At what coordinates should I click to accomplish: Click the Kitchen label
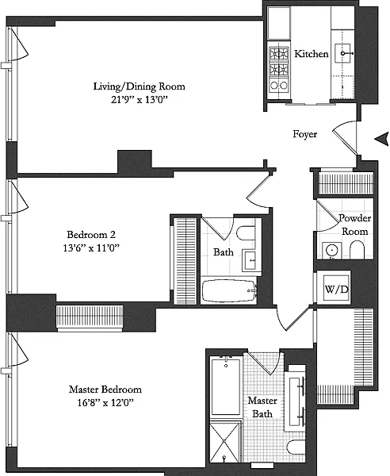pos(312,54)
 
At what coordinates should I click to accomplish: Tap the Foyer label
pos(304,134)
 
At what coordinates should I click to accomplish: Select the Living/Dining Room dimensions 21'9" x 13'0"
pos(140,100)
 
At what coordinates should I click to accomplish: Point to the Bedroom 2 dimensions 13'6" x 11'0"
pos(91,248)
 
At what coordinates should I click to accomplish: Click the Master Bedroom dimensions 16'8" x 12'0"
pos(105,403)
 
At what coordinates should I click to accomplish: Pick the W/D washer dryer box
pos(336,289)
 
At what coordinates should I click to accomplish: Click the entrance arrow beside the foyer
pos(382,139)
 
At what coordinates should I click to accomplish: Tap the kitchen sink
pos(342,53)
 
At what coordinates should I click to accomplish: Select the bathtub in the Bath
pos(229,291)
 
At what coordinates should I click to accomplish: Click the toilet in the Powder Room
pos(357,250)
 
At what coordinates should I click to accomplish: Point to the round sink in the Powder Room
pos(332,251)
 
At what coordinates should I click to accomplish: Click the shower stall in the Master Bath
pos(224,442)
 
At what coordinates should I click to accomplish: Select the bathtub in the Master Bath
pos(226,387)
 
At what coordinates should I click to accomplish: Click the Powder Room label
pos(355,225)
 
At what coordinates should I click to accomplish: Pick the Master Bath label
pos(262,407)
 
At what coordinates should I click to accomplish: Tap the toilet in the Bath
pos(246,233)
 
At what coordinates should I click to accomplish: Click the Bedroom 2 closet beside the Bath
pos(185,260)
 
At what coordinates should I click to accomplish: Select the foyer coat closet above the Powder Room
pos(346,183)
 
